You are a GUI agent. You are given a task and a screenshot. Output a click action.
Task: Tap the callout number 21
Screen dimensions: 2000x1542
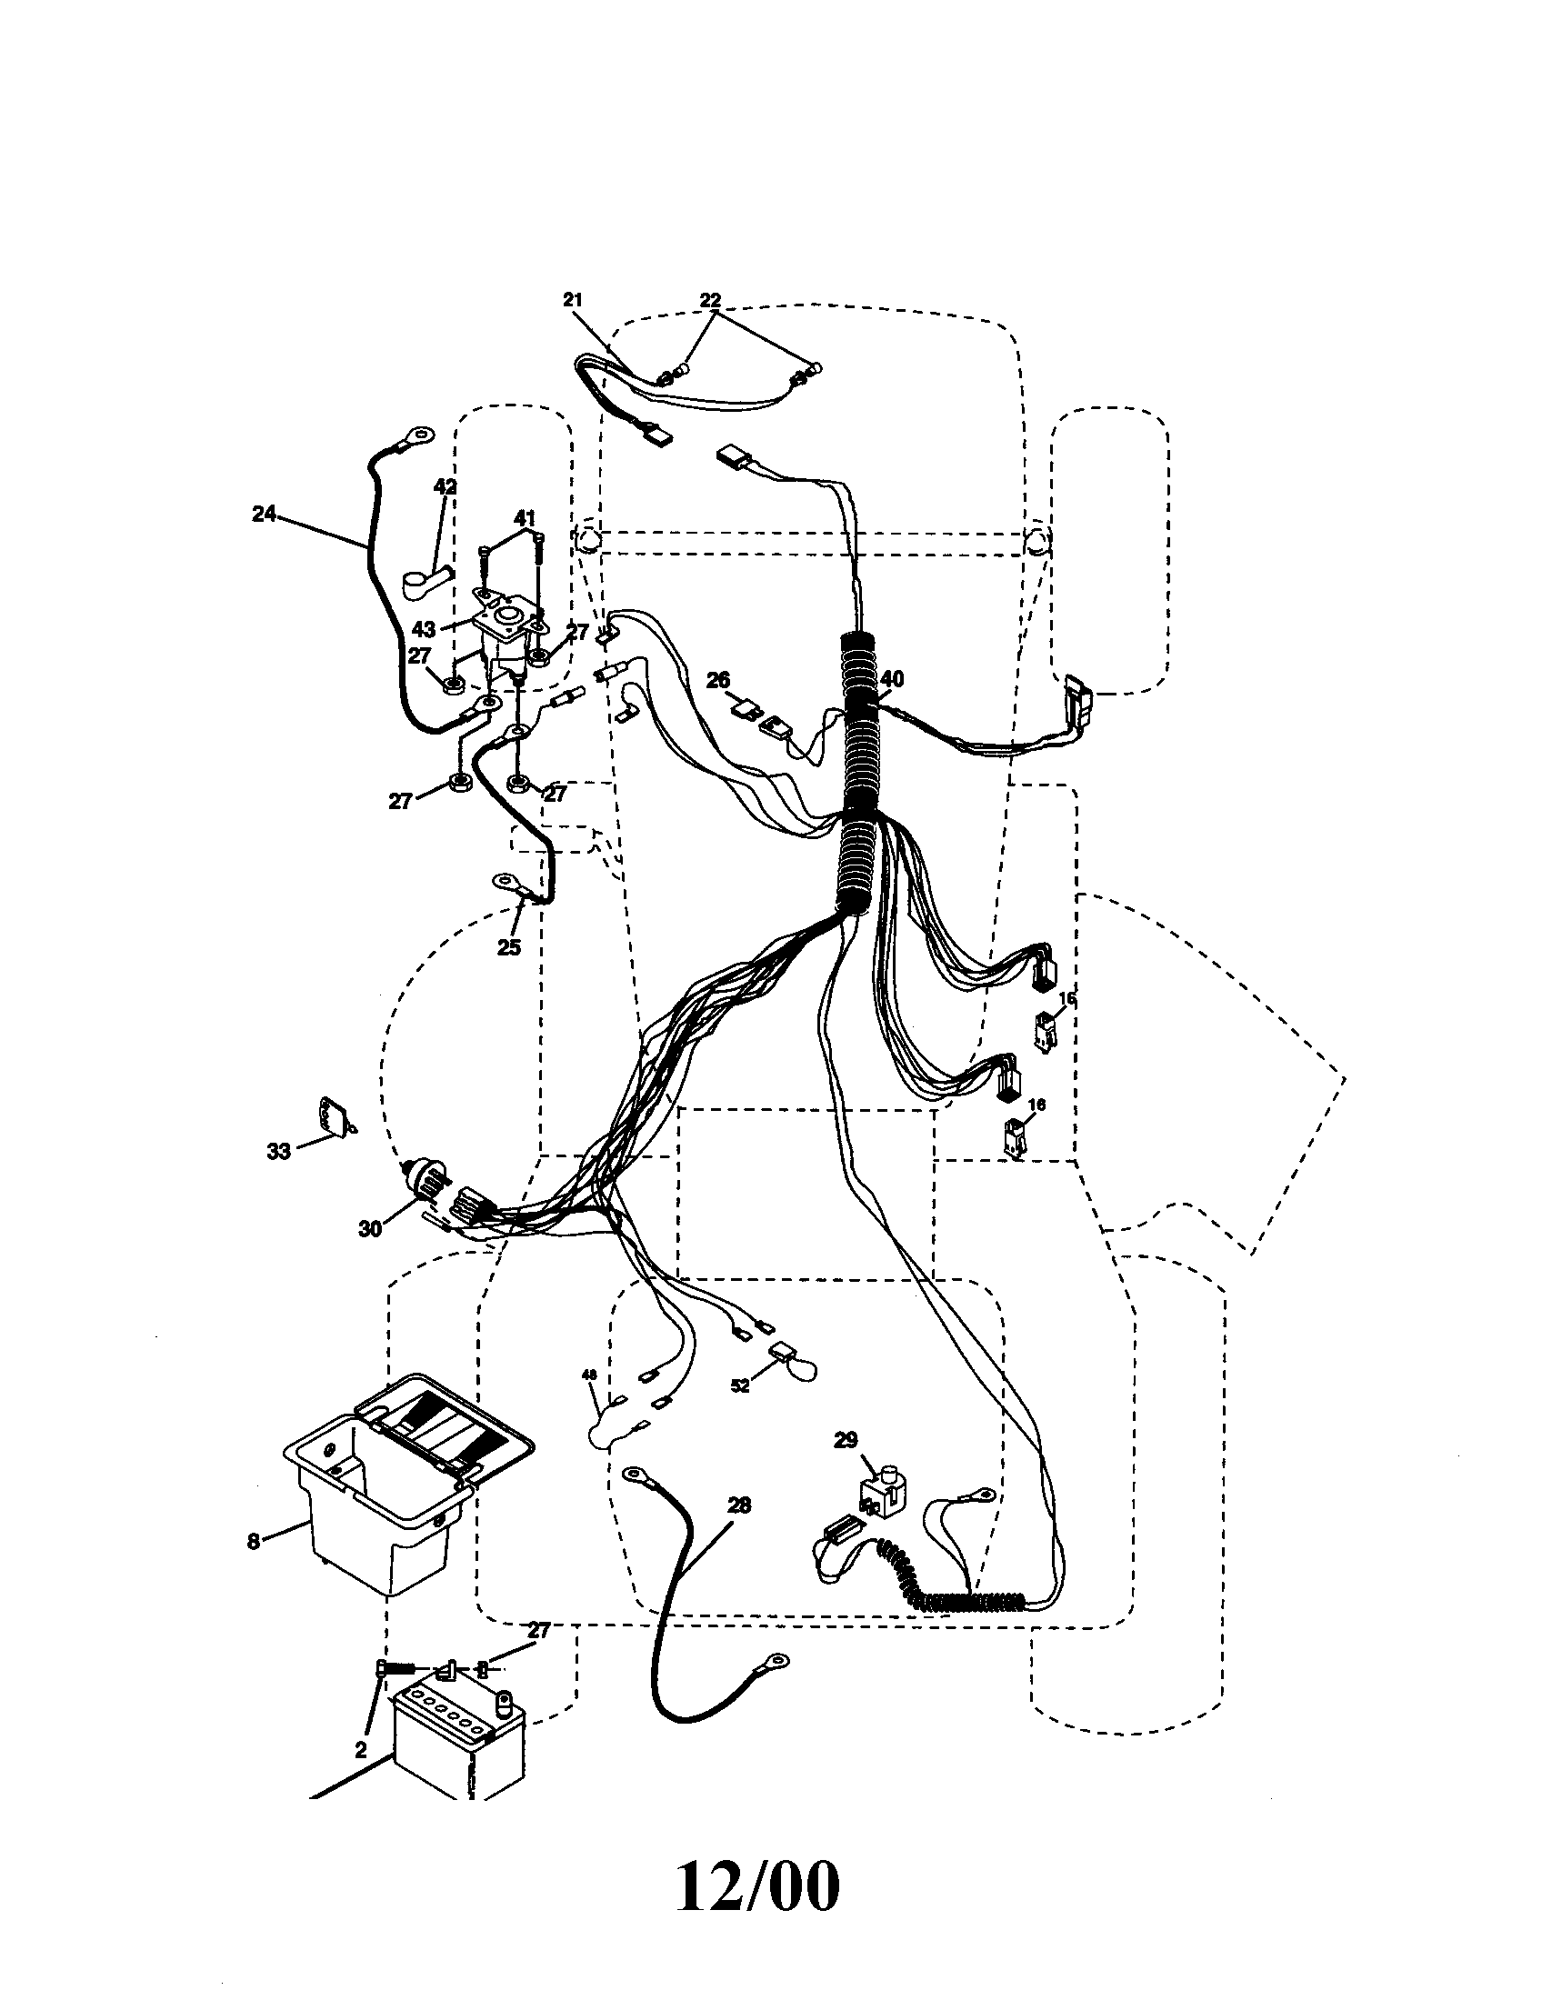tap(572, 299)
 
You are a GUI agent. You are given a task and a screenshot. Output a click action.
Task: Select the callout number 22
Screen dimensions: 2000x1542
tap(711, 299)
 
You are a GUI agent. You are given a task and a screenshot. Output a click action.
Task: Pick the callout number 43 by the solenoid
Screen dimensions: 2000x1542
tap(424, 630)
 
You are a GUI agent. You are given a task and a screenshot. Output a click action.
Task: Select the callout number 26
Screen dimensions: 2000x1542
tap(719, 679)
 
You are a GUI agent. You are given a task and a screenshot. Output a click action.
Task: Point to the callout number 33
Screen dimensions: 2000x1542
tap(278, 1151)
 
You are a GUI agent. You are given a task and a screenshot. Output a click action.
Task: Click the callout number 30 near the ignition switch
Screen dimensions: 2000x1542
tap(370, 1229)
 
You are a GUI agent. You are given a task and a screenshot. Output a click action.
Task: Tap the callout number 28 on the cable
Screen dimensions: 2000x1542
tap(739, 1505)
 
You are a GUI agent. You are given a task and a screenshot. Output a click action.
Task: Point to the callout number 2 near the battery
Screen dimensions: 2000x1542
tap(361, 1750)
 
